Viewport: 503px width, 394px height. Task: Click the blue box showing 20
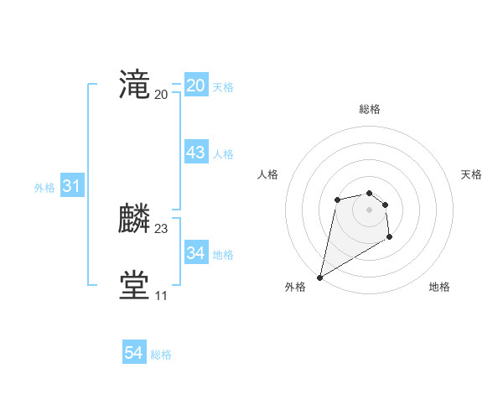[x=196, y=86]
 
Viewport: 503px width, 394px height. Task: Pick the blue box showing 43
[x=196, y=153]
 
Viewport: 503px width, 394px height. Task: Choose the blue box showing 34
[x=196, y=252]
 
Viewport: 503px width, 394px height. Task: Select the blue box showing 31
[x=71, y=187]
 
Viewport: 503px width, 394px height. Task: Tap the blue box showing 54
[x=134, y=353]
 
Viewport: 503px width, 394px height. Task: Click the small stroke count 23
[x=162, y=228]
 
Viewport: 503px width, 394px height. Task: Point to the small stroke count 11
[x=161, y=296]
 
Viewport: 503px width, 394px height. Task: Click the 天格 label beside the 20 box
[x=223, y=87]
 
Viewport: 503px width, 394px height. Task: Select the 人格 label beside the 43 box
[x=223, y=154]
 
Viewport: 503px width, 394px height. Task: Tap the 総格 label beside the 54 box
[x=161, y=355]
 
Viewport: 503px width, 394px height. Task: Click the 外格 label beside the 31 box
[x=44, y=189]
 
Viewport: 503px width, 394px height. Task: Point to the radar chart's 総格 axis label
[x=370, y=109]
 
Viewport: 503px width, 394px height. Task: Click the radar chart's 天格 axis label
[x=471, y=174]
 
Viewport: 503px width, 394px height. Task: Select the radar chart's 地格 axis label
[x=439, y=287]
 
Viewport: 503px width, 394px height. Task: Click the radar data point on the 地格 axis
[x=390, y=237]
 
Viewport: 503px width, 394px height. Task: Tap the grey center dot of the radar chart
[x=370, y=209]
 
